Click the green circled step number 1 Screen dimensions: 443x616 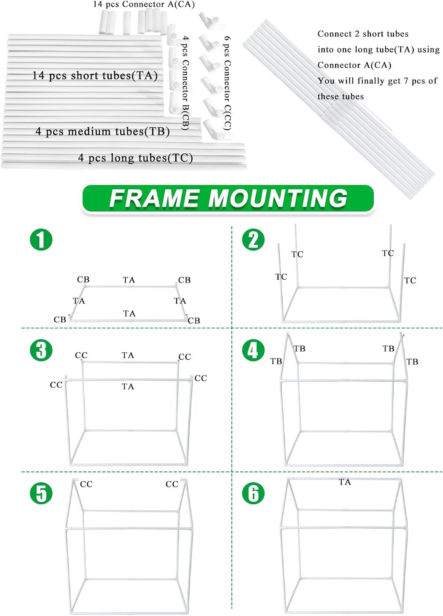pos(41,239)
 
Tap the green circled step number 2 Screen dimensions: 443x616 pos(253,239)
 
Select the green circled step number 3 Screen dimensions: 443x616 pos(41,350)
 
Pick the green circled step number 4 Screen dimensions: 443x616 pos(253,350)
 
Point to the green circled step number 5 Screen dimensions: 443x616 pos(41,493)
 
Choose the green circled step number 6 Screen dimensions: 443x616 pos(253,493)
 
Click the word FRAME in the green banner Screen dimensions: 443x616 pos(154,198)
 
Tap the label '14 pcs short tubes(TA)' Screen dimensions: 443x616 pos(95,76)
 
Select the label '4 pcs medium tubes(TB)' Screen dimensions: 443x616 pos(103,131)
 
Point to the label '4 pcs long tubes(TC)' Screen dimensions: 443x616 pos(135,158)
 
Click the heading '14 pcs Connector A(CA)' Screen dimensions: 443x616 pos(144,5)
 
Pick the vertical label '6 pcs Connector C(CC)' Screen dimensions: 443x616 pos(227,83)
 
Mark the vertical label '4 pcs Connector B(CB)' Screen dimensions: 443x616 pos(186,83)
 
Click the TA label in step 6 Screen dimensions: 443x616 pos(345,482)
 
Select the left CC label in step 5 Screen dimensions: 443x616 pos(86,484)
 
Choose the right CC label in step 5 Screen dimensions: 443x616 pos(172,484)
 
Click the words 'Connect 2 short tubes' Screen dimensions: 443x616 pos(363,34)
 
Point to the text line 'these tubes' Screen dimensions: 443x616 pos(340,97)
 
